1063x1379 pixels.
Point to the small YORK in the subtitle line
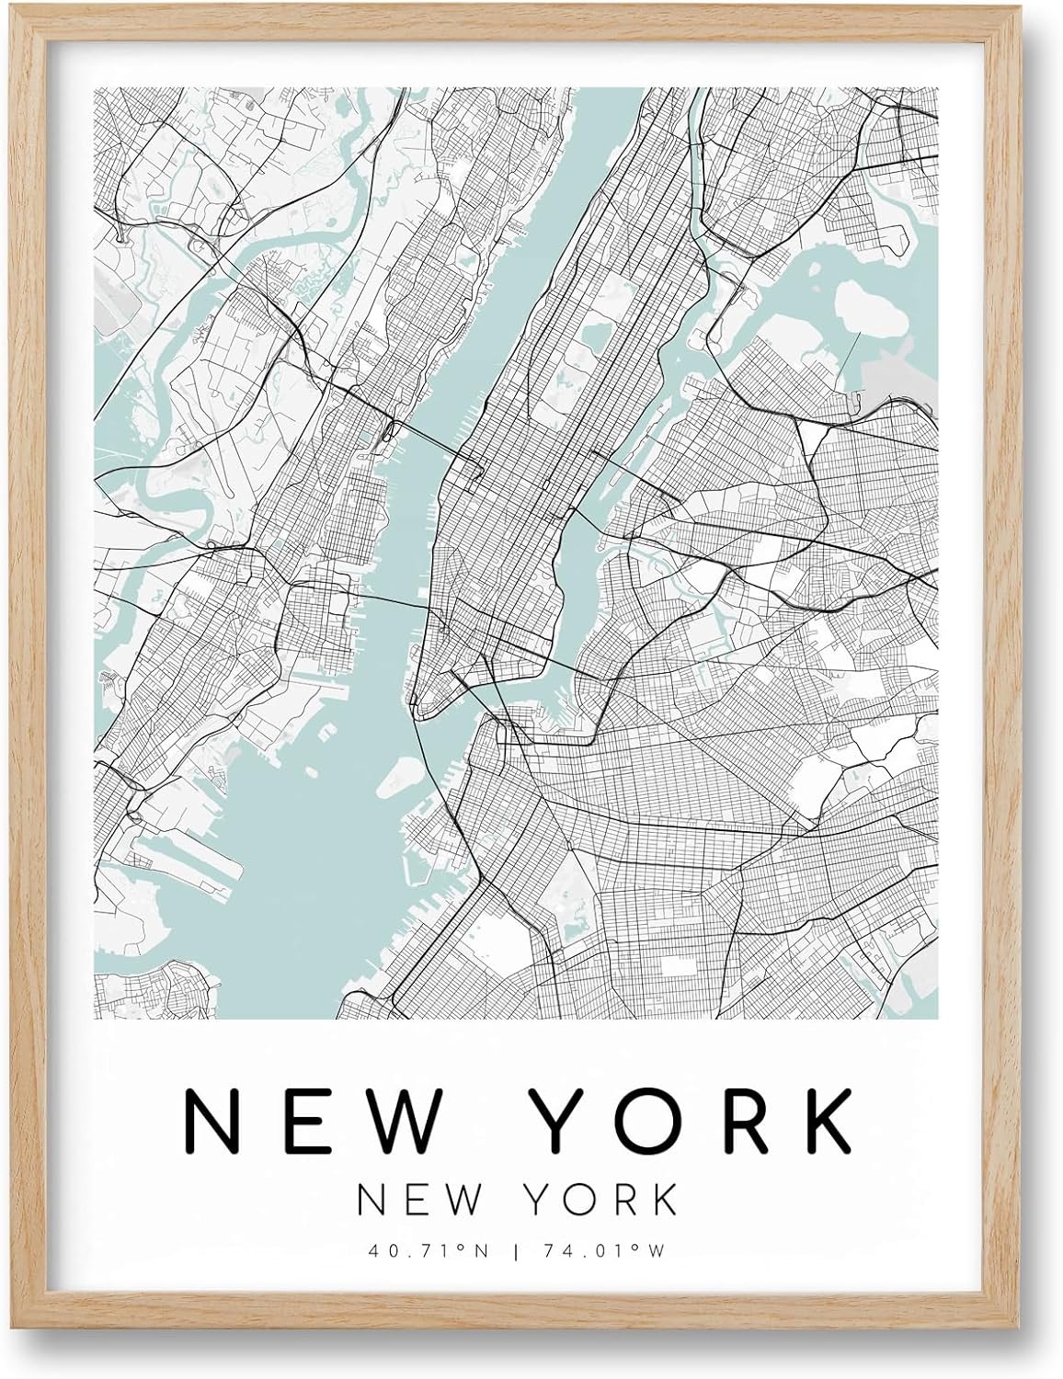pyautogui.click(x=606, y=1198)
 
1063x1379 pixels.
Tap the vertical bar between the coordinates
pyautogui.click(x=532, y=1249)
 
